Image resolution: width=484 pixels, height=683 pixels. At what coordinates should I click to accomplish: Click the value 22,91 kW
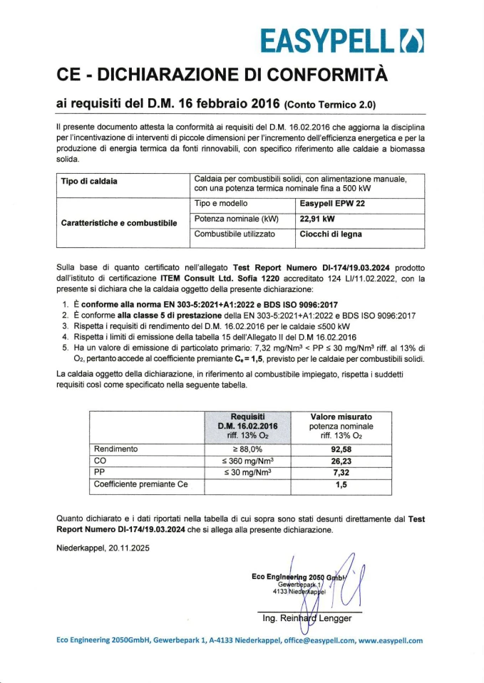tap(318, 219)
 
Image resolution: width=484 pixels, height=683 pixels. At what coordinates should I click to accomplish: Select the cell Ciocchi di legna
tap(331, 234)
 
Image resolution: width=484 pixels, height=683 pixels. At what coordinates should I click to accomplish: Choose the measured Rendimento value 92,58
tap(341, 449)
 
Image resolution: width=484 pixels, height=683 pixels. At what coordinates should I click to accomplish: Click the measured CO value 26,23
tap(341, 461)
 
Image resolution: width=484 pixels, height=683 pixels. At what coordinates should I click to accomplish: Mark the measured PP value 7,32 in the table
tap(341, 472)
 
